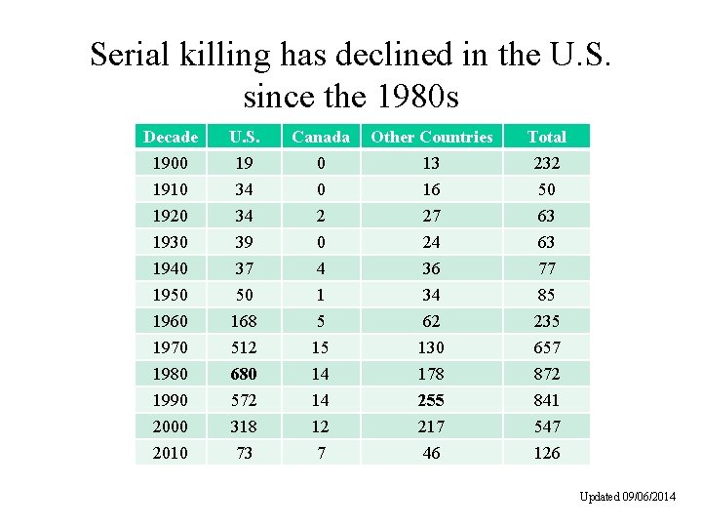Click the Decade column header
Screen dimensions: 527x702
171,137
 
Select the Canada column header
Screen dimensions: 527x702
320,137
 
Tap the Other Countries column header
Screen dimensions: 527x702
431,137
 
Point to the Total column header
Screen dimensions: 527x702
546,137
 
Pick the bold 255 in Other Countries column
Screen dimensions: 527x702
431,400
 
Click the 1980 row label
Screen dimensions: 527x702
171,374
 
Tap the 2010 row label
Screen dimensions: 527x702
171,453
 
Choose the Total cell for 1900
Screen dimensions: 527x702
546,163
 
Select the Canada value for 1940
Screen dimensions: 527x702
320,268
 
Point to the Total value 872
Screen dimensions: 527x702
546,374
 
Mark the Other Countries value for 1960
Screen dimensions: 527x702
431,321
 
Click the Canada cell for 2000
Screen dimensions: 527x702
320,426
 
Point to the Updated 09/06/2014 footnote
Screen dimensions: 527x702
627,497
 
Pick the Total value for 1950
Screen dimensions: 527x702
546,295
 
